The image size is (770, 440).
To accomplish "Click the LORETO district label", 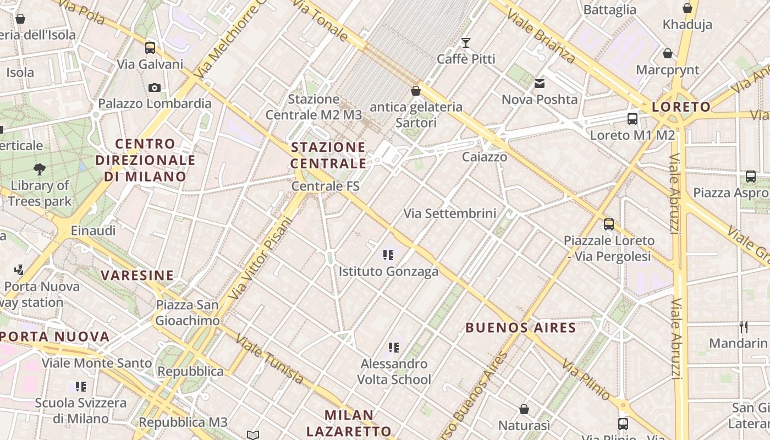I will pos(681,107).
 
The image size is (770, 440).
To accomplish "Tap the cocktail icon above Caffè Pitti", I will pos(466,43).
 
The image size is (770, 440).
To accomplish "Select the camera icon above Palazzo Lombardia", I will pos(155,87).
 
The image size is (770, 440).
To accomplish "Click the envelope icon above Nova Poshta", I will pos(539,84).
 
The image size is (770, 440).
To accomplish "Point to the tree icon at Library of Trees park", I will pos(40,169).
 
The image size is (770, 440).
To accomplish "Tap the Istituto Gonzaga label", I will pos(388,271).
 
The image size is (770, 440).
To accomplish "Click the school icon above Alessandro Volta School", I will pos(393,348).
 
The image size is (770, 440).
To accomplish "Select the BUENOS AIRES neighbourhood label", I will pos(520,328).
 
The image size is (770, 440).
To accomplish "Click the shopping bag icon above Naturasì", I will pos(524,409).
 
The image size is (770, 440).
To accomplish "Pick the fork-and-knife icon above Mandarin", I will pos(744,327).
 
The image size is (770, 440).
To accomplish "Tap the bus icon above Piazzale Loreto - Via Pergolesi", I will pos(609,224).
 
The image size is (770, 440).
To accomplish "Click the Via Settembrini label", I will pos(450,213).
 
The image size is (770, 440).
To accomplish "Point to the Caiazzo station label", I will pos(484,157).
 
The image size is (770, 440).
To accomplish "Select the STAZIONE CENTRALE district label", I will pos(328,155).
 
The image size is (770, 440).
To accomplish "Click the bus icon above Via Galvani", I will pos(150,48).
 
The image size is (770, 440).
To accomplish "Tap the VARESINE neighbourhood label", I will pos(137,275).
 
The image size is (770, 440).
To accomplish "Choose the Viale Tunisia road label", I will pos(269,359).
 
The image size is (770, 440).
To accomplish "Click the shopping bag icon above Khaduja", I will pos(687,8).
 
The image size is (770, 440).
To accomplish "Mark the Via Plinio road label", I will pos(586,380).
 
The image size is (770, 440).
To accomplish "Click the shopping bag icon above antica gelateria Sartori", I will pos(416,90).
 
